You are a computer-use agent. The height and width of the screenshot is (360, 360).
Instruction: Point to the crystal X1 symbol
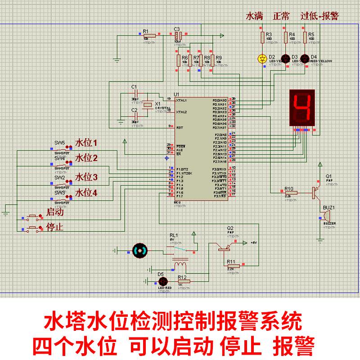pyautogui.click(x=148, y=105)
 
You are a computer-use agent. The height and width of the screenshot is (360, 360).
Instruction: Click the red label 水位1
pyautogui.click(x=86, y=144)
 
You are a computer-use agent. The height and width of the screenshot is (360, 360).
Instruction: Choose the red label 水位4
pyautogui.click(x=86, y=193)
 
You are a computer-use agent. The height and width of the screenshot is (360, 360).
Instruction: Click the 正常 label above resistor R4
pyautogui.click(x=281, y=16)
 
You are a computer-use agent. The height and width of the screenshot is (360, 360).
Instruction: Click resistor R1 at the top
pyautogui.click(x=149, y=36)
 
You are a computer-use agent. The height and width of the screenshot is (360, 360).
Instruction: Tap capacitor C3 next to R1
pyautogui.click(x=178, y=35)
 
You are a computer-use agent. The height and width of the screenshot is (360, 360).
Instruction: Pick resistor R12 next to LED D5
pyautogui.click(x=184, y=281)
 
